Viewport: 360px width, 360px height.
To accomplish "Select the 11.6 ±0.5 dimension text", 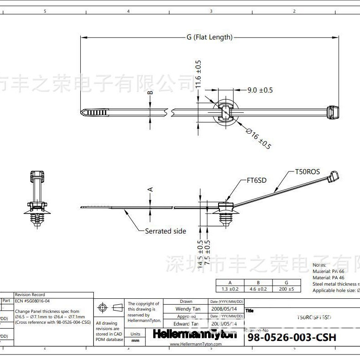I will (x=198, y=74).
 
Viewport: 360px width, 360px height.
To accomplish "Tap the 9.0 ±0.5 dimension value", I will (x=260, y=90).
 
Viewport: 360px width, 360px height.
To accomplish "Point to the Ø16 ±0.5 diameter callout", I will (x=258, y=139).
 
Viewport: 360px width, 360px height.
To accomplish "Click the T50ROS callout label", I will (x=307, y=172).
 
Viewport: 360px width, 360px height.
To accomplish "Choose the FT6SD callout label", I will (x=257, y=180).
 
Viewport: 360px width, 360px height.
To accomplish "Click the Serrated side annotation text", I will (x=165, y=231).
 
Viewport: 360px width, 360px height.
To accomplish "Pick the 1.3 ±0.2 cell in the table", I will (x=230, y=289).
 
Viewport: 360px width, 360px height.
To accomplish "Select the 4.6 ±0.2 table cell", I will (x=258, y=289).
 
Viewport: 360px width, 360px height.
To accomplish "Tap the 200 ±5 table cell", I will (x=286, y=289).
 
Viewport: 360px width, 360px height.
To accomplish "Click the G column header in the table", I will (x=286, y=282).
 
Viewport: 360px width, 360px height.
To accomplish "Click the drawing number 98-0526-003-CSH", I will (x=292, y=338).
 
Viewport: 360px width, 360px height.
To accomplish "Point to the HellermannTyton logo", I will (x=195, y=335).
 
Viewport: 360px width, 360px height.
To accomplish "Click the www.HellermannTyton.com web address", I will (x=195, y=345).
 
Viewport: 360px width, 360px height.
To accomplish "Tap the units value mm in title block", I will (x=135, y=341).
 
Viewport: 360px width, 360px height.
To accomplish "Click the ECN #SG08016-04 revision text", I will (x=32, y=301).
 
